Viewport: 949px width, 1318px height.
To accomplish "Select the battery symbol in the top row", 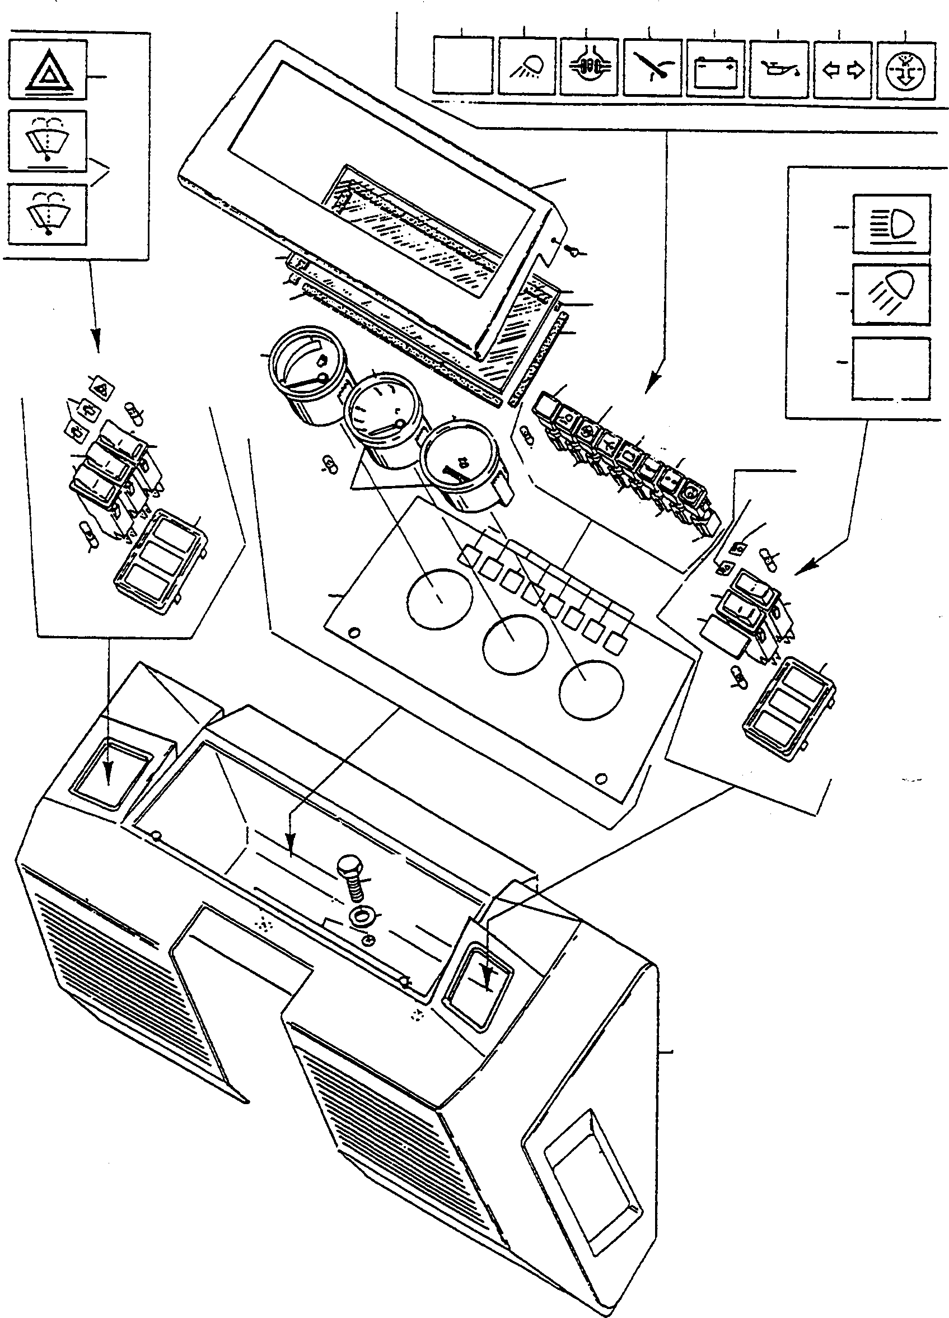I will [x=714, y=68].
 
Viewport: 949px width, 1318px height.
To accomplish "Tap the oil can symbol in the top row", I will [x=778, y=68].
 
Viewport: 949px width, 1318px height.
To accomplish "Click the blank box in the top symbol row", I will [x=463, y=65].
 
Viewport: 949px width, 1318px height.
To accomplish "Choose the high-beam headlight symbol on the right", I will [x=891, y=223].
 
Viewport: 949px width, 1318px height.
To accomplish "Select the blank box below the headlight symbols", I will [x=891, y=368].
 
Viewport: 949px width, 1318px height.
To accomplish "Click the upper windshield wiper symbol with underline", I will [x=48, y=141].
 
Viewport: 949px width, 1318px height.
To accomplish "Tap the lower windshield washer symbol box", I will [x=48, y=214].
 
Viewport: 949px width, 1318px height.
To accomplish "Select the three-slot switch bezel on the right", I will [x=790, y=708].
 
